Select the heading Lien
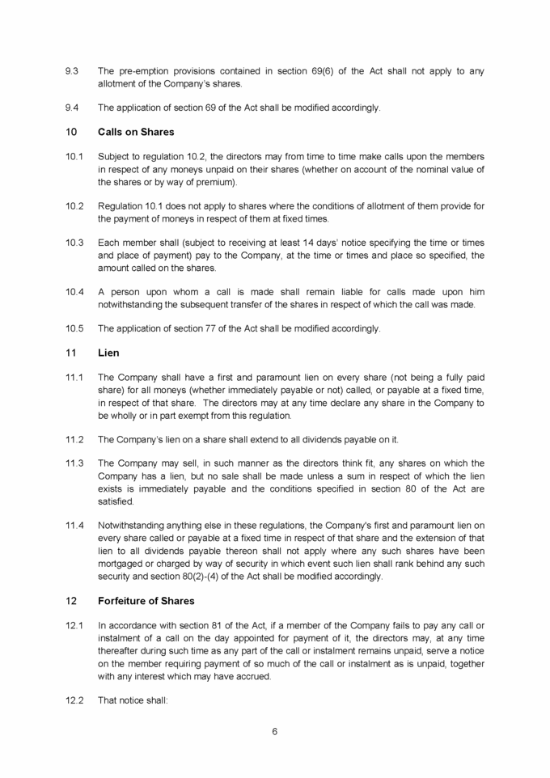(x=108, y=353)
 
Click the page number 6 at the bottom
(x=275, y=731)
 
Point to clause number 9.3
(x=71, y=71)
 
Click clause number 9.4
(x=71, y=108)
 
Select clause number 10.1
(x=74, y=156)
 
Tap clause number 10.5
(x=74, y=328)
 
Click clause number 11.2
(x=74, y=439)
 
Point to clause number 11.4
(x=74, y=525)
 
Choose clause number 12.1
(x=74, y=625)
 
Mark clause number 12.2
(x=74, y=700)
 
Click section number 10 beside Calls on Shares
(x=70, y=132)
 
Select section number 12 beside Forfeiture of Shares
(x=70, y=601)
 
